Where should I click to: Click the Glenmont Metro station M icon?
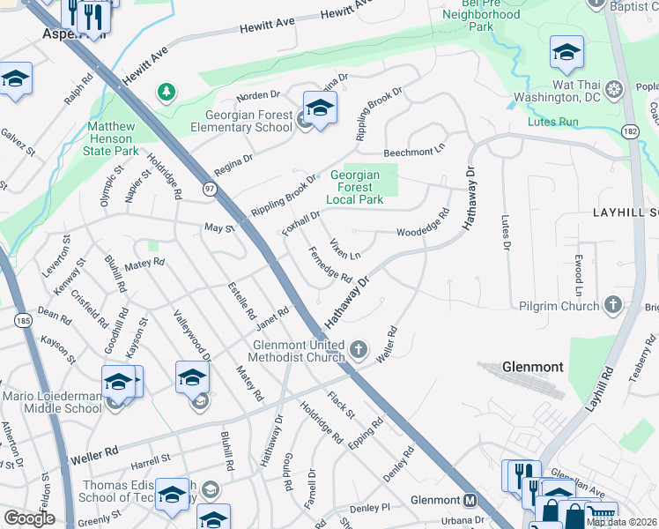(x=470, y=500)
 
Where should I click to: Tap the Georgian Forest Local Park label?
(x=355, y=187)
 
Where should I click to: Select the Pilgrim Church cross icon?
(x=612, y=305)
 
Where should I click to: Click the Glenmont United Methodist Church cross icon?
(x=358, y=351)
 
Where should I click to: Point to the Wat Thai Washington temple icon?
(x=614, y=89)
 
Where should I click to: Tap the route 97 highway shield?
(x=209, y=189)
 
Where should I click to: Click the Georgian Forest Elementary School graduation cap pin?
(x=320, y=108)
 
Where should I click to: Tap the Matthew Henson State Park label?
(x=113, y=138)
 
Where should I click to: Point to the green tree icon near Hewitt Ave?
(x=165, y=91)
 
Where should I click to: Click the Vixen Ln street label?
(x=344, y=249)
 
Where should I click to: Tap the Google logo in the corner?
(x=29, y=518)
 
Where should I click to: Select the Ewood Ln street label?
(x=579, y=276)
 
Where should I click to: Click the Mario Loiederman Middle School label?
(x=51, y=402)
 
